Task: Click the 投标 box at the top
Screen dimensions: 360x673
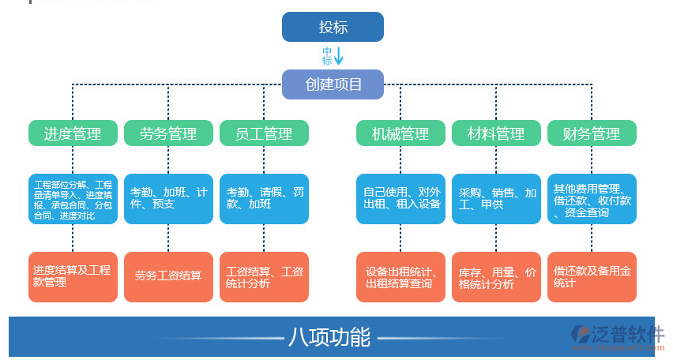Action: pyautogui.click(x=333, y=27)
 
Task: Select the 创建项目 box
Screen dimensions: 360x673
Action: pyautogui.click(x=333, y=84)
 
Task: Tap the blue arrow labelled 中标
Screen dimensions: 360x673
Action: pyautogui.click(x=339, y=56)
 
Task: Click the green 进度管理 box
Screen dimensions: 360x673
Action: pyautogui.click(x=73, y=133)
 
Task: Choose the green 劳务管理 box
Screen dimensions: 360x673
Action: pyautogui.click(x=168, y=133)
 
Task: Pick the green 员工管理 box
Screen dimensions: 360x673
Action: pyautogui.click(x=264, y=133)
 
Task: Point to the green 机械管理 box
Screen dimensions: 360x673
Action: pyautogui.click(x=400, y=133)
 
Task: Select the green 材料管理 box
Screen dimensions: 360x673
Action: pyautogui.click(x=496, y=133)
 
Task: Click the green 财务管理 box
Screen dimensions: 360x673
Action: pyautogui.click(x=592, y=133)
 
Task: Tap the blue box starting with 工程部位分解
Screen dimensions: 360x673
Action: pyautogui.click(x=73, y=198)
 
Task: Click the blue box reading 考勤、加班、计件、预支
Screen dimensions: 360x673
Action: pyautogui.click(x=168, y=198)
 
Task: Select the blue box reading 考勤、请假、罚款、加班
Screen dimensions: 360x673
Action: pyautogui.click(x=264, y=198)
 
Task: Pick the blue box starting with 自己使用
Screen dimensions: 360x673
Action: pyautogui.click(x=400, y=198)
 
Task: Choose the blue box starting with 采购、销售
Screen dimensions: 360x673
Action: pyautogui.click(x=496, y=198)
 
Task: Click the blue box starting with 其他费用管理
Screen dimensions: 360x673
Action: pyautogui.click(x=592, y=198)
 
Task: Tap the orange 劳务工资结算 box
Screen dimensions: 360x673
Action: pyautogui.click(x=168, y=276)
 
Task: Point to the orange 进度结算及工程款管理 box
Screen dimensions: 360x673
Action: pyautogui.click(x=73, y=276)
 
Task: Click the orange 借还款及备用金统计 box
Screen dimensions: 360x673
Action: pyautogui.click(x=592, y=276)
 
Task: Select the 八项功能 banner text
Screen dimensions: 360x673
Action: pyautogui.click(x=329, y=337)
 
